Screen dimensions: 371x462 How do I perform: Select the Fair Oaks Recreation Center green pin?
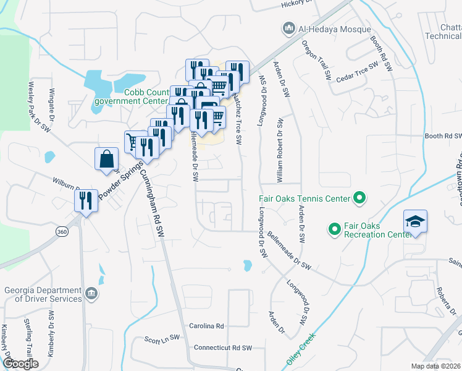coord(335,230)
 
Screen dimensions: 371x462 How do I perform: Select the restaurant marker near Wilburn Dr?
coord(85,200)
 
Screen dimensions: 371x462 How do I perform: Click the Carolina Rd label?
coord(206,326)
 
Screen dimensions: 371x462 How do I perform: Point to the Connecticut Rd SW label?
coord(224,348)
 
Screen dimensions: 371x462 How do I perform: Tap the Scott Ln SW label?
coord(162,339)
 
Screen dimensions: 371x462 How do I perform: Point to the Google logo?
coord(20,364)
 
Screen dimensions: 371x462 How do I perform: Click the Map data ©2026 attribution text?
coord(436,366)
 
